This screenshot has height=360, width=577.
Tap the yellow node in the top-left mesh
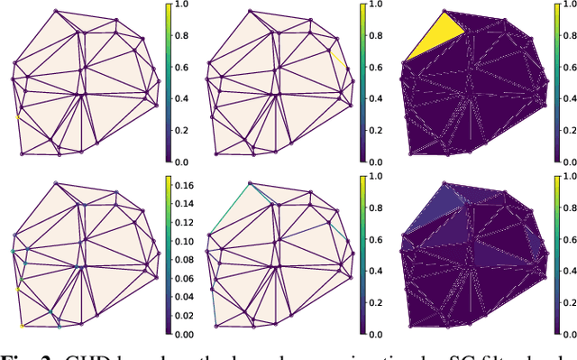coord(16,116)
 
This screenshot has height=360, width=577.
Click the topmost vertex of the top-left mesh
coord(58,12)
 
